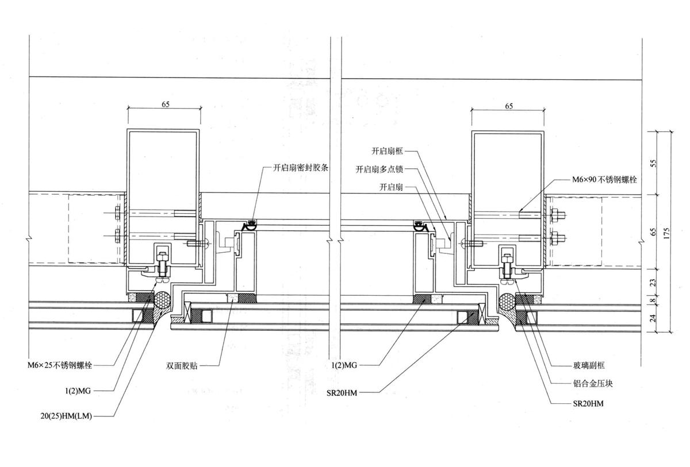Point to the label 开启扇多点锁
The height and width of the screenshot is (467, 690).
(380, 169)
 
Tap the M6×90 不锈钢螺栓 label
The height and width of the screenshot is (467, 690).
(603, 179)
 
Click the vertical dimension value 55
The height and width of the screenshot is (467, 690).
(653, 163)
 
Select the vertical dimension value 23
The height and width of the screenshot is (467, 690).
(653, 282)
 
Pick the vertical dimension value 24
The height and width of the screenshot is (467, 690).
(653, 318)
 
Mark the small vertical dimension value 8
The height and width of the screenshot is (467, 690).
(653, 299)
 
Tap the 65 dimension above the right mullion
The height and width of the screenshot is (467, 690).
(508, 105)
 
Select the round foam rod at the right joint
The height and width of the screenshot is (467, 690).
(508, 300)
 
